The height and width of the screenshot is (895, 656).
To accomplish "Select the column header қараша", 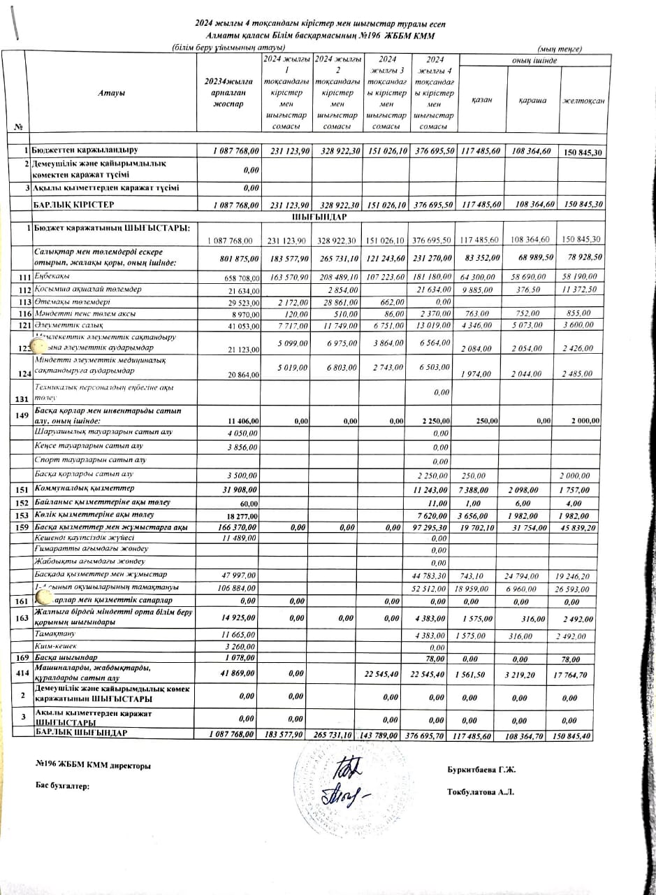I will pos(532,100).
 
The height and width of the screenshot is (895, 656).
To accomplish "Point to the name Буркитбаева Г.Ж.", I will pos(481,771).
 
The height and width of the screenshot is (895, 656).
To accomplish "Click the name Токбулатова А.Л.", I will pos(481,792).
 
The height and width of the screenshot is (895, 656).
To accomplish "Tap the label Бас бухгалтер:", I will pos(62,786).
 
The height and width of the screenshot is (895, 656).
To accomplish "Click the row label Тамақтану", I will pos(54,633).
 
